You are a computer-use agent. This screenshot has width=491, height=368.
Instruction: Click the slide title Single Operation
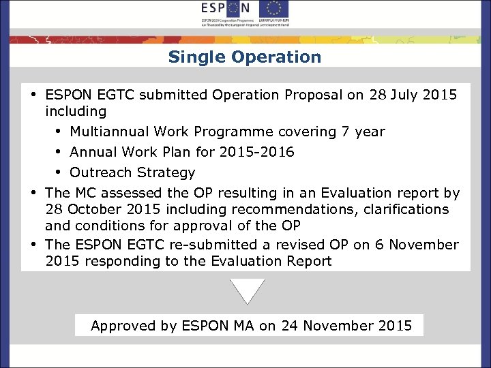(x=245, y=57)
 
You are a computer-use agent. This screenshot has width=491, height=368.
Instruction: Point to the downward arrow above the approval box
(x=248, y=290)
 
